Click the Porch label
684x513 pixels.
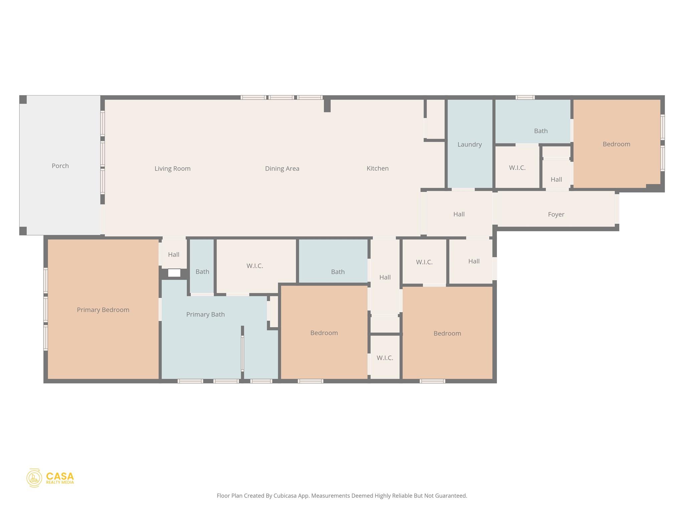coord(60,166)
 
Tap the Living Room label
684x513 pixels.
coord(172,169)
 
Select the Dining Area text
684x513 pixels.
coord(282,169)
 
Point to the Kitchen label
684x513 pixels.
coord(377,168)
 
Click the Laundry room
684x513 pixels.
coord(469,144)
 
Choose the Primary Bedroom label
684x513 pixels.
coord(103,310)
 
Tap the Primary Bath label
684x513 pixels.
coord(205,314)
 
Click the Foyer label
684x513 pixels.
coord(556,214)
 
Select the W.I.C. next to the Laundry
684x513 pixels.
coord(517,168)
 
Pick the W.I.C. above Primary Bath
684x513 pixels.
coord(254,266)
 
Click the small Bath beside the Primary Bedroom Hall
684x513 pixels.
coord(202,272)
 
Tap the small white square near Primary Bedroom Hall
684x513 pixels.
coord(174,273)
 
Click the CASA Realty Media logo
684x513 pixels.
coord(50,478)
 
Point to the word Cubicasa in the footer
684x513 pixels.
coord(285,496)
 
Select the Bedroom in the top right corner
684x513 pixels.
coord(616,144)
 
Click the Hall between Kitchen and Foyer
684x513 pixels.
coord(459,214)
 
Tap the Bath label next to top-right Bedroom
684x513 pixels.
coord(540,131)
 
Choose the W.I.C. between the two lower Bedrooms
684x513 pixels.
coord(385,358)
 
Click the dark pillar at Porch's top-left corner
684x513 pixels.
coord(23,100)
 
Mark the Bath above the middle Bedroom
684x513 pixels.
coord(337,272)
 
